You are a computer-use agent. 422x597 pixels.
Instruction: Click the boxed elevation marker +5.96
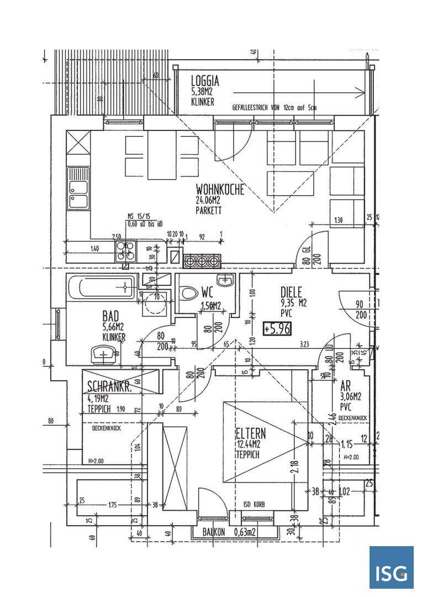pyautogui.click(x=277, y=328)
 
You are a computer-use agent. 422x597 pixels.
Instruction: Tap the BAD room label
pyautogui.click(x=111, y=316)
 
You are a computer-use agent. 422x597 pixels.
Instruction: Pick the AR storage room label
pyautogui.click(x=347, y=387)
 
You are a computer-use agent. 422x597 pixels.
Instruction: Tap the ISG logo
pyautogui.click(x=391, y=568)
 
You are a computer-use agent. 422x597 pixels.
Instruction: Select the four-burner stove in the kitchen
pyautogui.click(x=125, y=250)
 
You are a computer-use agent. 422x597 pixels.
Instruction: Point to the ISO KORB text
pyautogui.click(x=255, y=504)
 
